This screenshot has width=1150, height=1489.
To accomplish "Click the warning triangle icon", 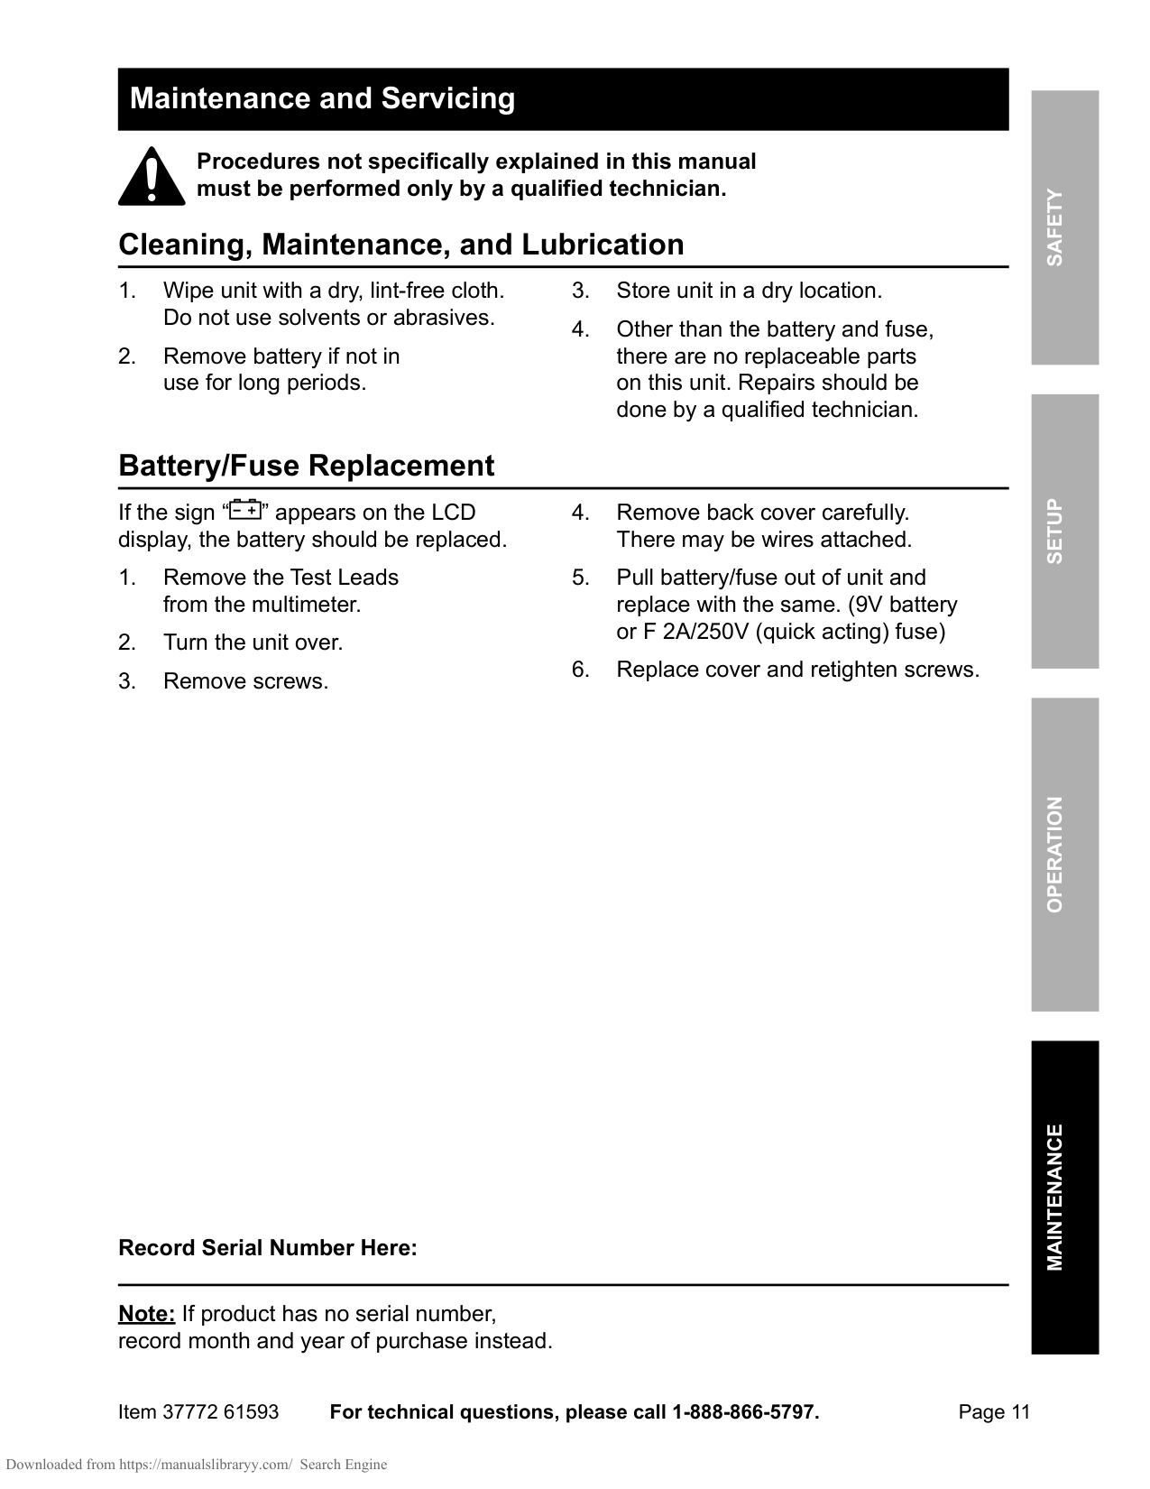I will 151,177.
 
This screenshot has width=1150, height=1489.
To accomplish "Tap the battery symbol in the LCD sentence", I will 244,511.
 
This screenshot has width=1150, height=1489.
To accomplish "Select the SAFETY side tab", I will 1064,227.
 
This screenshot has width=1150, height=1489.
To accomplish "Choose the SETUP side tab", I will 1064,531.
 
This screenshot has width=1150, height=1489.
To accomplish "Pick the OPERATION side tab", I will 1064,854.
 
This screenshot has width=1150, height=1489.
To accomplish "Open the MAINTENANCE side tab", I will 1064,1197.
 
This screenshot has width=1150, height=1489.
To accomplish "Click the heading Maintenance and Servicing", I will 322,98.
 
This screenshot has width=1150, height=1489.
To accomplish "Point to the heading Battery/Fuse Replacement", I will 306,466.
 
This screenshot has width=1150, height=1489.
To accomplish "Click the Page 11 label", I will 993,1412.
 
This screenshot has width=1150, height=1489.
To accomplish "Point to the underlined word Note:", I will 146,1313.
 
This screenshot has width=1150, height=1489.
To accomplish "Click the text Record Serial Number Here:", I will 268,1248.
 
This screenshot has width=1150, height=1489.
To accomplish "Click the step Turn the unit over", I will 253,643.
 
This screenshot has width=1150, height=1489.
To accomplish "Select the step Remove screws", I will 245,681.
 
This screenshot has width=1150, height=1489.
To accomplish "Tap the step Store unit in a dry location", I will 749,291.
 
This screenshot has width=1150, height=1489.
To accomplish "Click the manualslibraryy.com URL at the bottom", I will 206,1465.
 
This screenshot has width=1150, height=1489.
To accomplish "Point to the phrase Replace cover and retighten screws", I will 797,670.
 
